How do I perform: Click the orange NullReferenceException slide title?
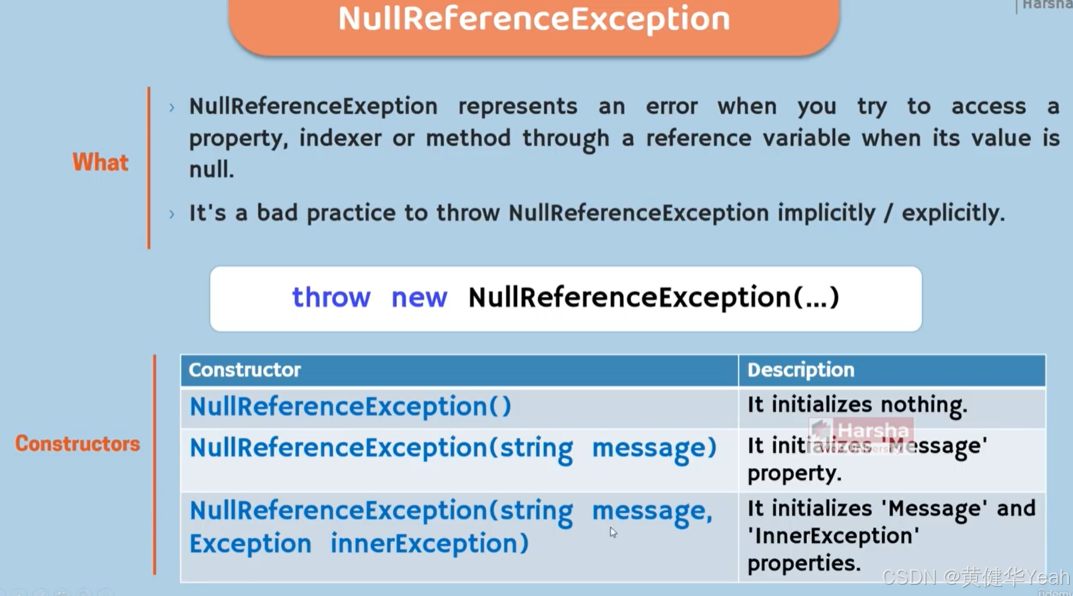click(534, 19)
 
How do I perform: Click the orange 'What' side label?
click(100, 162)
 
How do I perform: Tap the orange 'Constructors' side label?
click(77, 443)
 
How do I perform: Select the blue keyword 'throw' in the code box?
click(331, 297)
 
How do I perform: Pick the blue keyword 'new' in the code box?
click(419, 297)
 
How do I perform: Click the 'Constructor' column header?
click(245, 370)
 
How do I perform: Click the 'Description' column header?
click(800, 370)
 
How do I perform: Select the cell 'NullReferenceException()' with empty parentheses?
click(351, 407)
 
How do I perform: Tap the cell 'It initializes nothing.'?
click(857, 405)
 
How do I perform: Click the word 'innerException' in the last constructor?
click(429, 543)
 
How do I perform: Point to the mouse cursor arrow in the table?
click(612, 531)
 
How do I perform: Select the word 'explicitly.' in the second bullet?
click(953, 213)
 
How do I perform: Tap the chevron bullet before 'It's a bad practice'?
click(172, 214)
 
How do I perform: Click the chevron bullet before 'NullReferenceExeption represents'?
click(172, 107)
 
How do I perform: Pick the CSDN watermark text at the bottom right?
click(976, 576)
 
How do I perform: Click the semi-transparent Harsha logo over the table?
click(861, 434)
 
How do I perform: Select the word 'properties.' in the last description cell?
click(804, 563)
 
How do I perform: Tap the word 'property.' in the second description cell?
click(794, 473)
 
